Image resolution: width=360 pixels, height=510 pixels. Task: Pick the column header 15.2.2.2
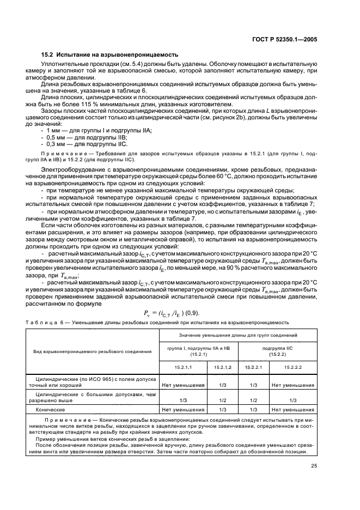[x=293, y=368]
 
